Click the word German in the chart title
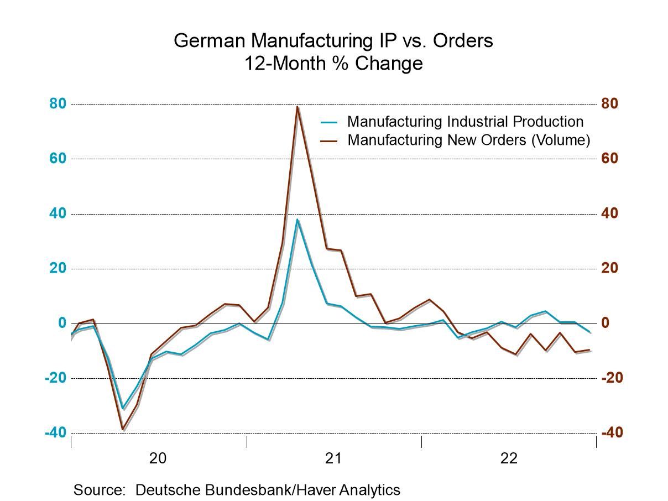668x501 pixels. click(x=209, y=41)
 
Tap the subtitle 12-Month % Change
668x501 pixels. click(x=333, y=64)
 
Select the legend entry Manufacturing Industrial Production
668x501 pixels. click(x=465, y=121)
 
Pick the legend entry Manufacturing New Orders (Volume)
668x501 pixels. click(x=468, y=140)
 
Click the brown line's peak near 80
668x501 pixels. click(x=297, y=107)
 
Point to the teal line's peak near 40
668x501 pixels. click(x=297, y=220)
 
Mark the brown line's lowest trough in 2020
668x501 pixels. click(x=123, y=429)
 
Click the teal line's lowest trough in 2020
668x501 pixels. click(x=123, y=409)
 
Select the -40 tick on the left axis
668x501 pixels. click(x=56, y=432)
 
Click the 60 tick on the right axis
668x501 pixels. click(x=610, y=158)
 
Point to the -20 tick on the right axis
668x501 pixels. click(x=612, y=378)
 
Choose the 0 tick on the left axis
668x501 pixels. click(x=62, y=323)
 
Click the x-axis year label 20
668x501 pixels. click(x=158, y=458)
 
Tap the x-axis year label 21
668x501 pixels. click(x=333, y=458)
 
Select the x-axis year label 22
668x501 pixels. click(x=508, y=458)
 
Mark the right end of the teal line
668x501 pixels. click(x=590, y=332)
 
